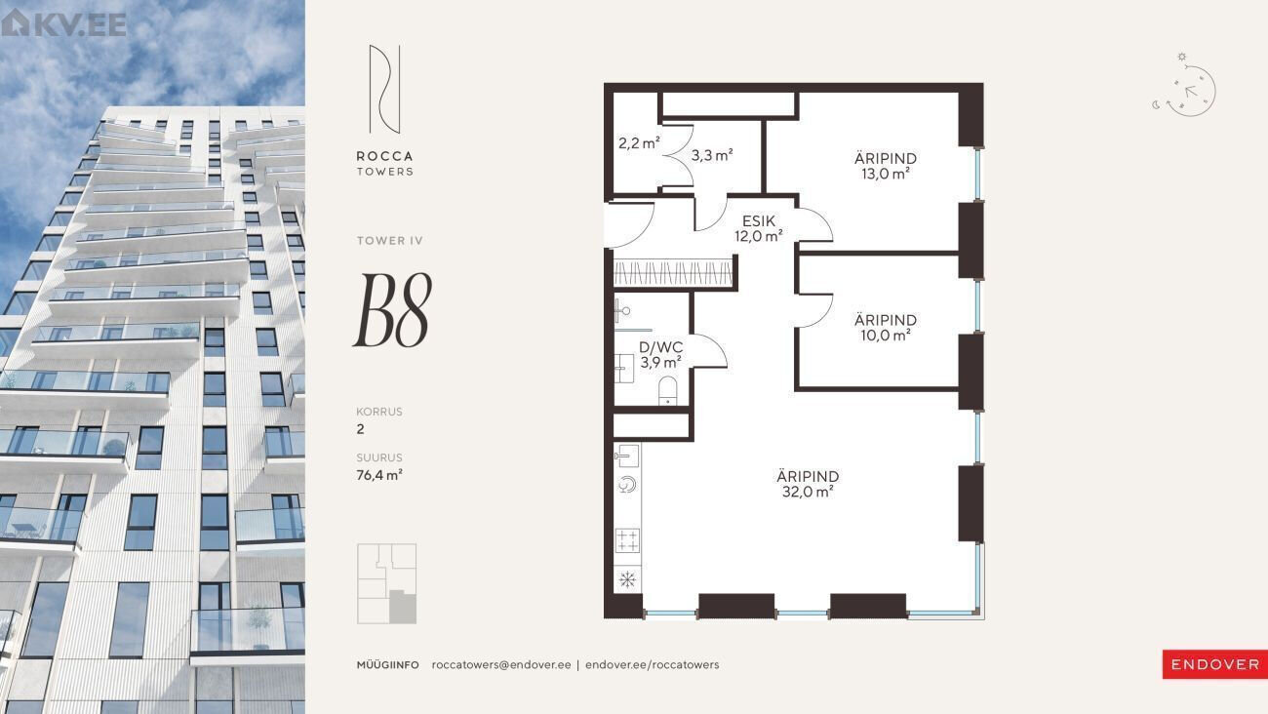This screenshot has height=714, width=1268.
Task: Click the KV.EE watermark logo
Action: (x=63, y=23)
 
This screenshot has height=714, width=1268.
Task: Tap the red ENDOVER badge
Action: (x=1214, y=664)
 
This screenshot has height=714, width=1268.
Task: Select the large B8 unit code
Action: (x=393, y=310)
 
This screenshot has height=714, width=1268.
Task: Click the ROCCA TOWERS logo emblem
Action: (x=385, y=90)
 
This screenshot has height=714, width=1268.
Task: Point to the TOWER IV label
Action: (x=389, y=241)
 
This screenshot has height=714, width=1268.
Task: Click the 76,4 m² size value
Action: (x=379, y=475)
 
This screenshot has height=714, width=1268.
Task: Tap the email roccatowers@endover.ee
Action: (x=501, y=664)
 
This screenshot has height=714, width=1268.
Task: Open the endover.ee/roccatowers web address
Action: (x=653, y=664)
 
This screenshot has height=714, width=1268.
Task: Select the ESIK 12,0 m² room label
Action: (x=759, y=229)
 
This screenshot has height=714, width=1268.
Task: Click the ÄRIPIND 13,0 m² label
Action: (x=886, y=166)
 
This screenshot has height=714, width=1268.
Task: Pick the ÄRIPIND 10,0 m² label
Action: (x=886, y=328)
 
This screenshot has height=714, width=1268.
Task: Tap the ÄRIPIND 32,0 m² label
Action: (x=808, y=484)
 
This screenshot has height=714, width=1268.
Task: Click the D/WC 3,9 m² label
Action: (x=660, y=355)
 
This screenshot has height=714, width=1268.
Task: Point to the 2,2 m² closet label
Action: (x=639, y=143)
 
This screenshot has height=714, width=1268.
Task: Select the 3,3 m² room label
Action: (x=712, y=154)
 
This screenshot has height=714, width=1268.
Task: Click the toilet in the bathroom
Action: (x=667, y=391)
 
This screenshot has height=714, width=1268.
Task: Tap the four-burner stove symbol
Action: (x=627, y=540)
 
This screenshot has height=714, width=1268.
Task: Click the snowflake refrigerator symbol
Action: (x=627, y=579)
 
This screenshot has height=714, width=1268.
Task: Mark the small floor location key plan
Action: (x=386, y=583)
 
